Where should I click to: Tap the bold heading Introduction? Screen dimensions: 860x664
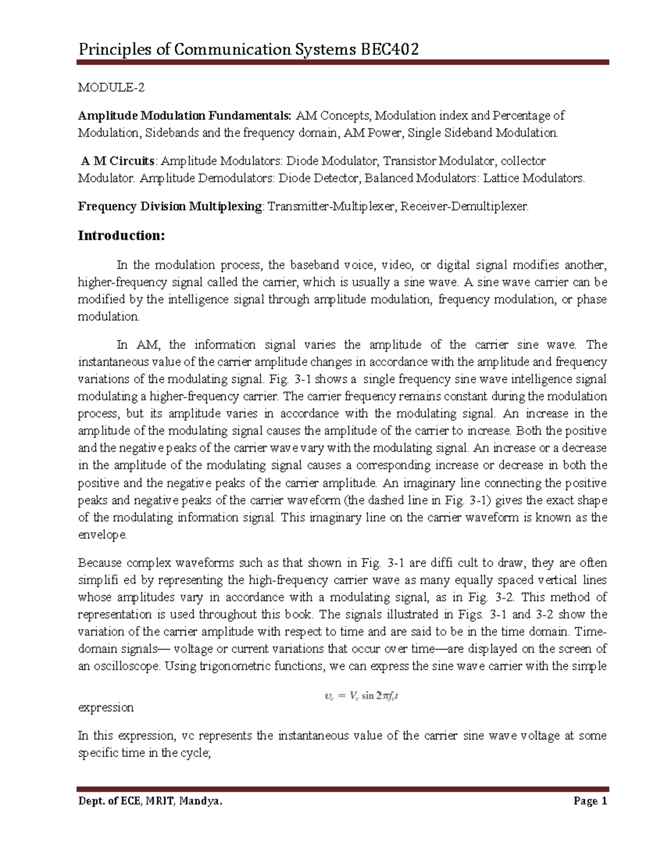tap(121, 235)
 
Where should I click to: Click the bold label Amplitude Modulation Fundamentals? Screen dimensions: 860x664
tap(184, 116)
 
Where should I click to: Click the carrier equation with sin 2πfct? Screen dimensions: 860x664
tap(361, 696)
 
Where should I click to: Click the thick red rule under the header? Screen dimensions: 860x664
tap(343, 63)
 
